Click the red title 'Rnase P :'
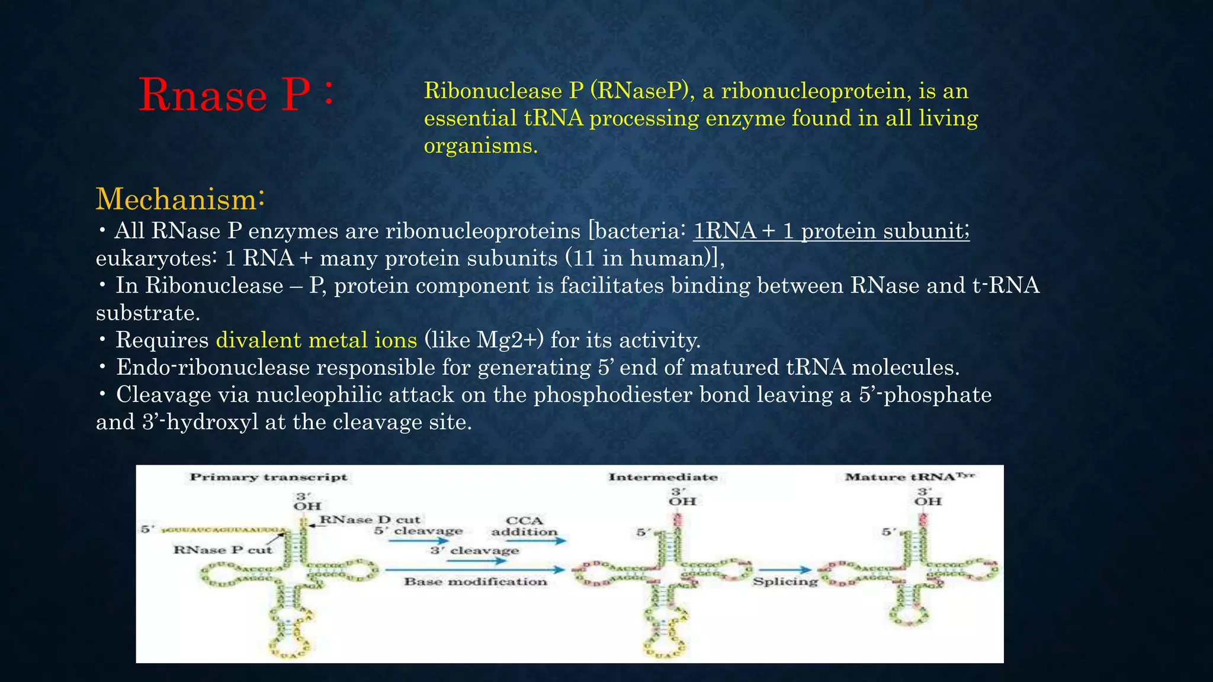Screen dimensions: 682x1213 click(236, 95)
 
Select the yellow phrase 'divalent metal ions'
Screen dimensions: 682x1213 click(316, 340)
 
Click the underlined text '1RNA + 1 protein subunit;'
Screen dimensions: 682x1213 click(831, 231)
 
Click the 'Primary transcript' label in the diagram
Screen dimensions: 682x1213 click(268, 477)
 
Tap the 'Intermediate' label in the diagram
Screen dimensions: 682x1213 click(663, 477)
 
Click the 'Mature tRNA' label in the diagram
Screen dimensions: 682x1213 click(909, 477)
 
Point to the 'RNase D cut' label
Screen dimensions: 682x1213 click(370, 520)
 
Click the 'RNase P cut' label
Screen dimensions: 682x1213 click(223, 550)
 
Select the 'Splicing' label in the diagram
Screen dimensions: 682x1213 click(785, 582)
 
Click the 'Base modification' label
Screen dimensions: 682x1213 click(475, 582)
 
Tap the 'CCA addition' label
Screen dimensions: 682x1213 click(524, 526)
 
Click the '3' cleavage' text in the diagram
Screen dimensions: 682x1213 click(474, 551)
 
